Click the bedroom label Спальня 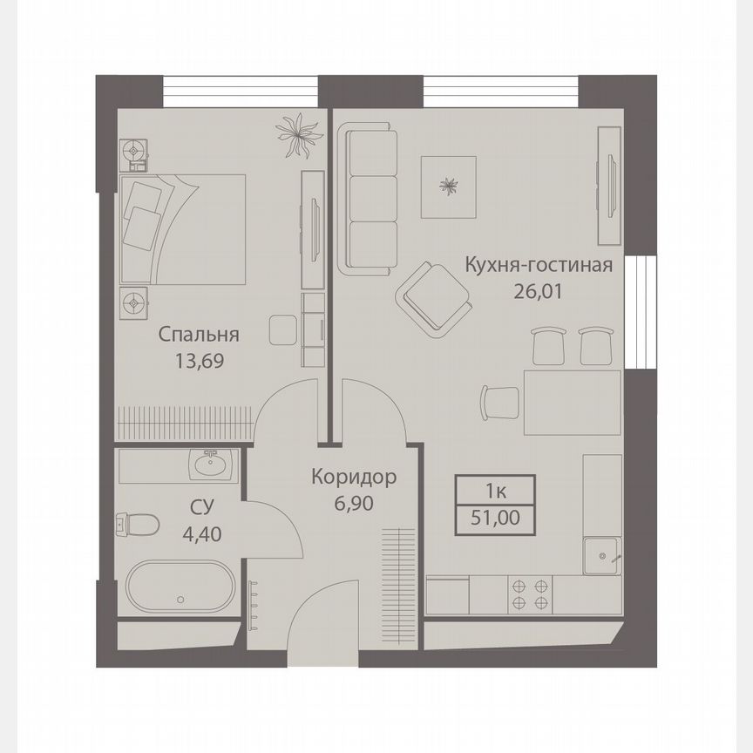pyautogui.click(x=199, y=335)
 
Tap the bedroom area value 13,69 pyautogui.click(x=199, y=360)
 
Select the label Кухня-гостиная pyautogui.click(x=539, y=265)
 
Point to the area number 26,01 pyautogui.click(x=539, y=290)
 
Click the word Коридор pyautogui.click(x=354, y=477)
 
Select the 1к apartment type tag pyautogui.click(x=495, y=490)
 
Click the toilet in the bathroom pyautogui.click(x=137, y=525)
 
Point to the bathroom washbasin pyautogui.click(x=210, y=465)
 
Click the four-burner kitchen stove pyautogui.click(x=531, y=594)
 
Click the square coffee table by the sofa pyautogui.click(x=450, y=187)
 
